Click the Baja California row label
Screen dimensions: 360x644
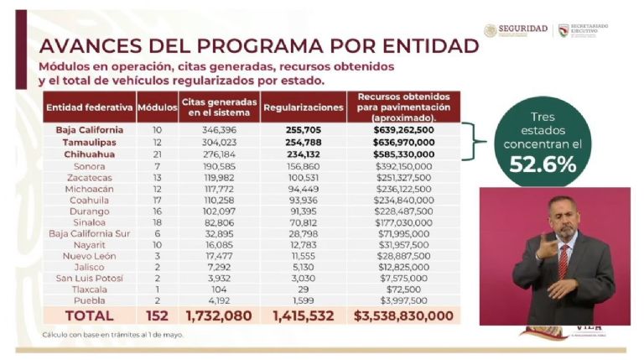[x=89, y=130]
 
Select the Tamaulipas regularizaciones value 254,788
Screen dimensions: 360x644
[x=303, y=143]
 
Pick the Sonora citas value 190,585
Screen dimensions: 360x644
[x=220, y=166]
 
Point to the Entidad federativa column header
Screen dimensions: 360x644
[x=89, y=107]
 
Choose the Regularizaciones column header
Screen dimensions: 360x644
[x=303, y=108]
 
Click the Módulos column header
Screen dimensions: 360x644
[x=157, y=107]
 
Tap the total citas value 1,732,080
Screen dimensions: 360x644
[x=220, y=316]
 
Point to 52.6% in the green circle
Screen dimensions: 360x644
[x=543, y=164]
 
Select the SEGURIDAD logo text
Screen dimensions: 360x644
[x=522, y=29]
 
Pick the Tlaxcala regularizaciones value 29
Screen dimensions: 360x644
[x=303, y=288]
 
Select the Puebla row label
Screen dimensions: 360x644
[x=89, y=300]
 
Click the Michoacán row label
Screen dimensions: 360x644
[x=89, y=190]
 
